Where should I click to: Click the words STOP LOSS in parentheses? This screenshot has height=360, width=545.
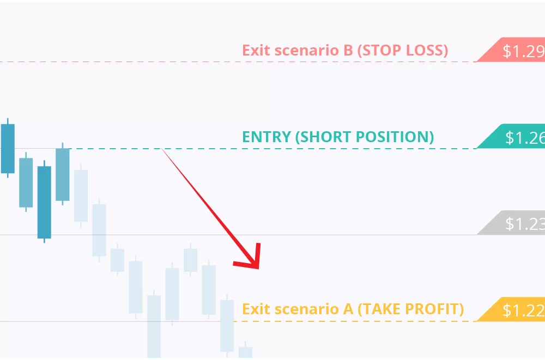pos(403,51)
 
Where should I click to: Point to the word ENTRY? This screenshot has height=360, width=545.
pos(267,137)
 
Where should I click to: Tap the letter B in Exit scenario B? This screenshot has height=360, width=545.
pos(348,50)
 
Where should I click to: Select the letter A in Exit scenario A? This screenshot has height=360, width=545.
pos(348,309)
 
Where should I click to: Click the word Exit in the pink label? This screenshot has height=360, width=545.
pos(256,50)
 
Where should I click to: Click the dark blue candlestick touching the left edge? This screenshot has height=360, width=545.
pos(8,148)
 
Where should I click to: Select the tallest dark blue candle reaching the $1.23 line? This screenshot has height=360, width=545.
pos(44,202)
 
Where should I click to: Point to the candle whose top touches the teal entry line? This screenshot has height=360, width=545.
pos(63,174)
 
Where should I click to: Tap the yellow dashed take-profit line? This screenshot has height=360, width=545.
pos(355,321)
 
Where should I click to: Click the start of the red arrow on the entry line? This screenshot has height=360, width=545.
pos(162,149)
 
